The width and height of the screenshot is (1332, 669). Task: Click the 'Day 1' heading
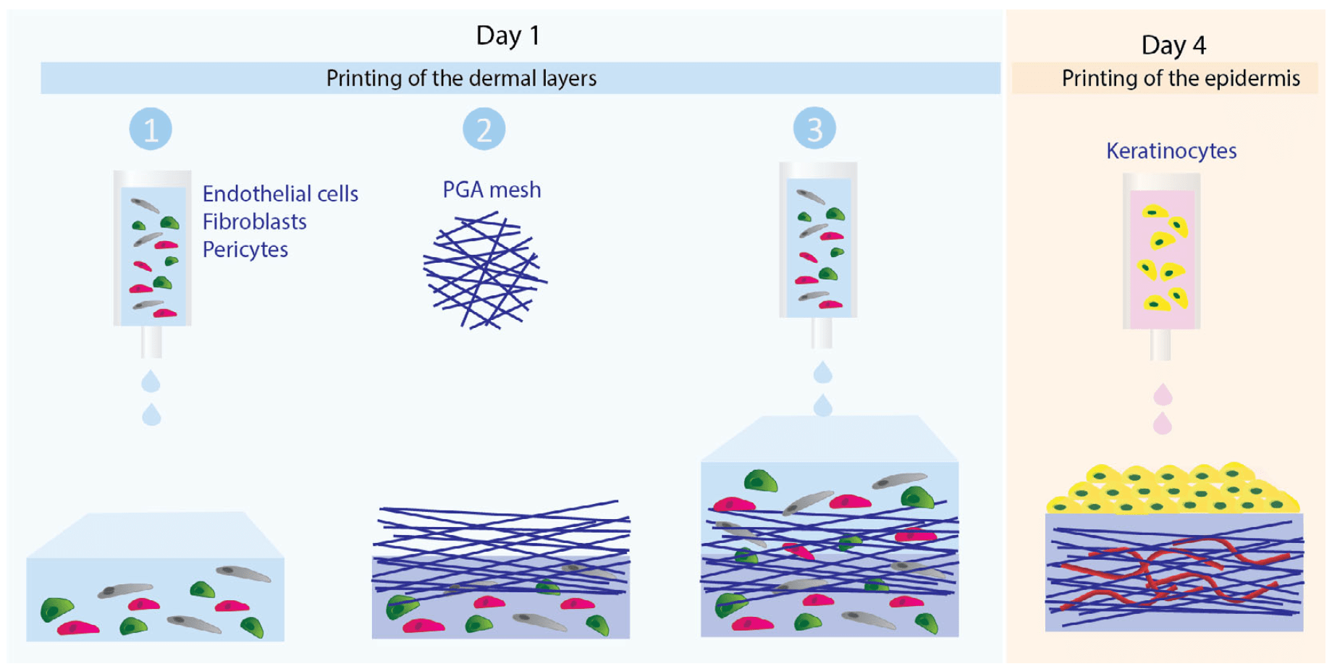coord(507,35)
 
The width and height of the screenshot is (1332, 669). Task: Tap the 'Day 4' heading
coord(1173,45)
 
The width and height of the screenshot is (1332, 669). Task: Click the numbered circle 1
coord(151,130)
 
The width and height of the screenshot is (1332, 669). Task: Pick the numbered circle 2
coord(484,130)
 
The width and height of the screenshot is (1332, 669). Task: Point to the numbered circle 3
coord(814,129)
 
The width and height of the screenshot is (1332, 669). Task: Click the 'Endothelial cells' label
coord(280,194)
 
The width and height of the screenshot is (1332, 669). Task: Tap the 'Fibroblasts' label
coord(254,222)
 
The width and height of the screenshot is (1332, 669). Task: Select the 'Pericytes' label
coord(245,250)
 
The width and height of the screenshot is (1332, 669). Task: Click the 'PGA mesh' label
coord(492,190)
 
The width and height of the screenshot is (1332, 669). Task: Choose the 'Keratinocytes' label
coord(1171,151)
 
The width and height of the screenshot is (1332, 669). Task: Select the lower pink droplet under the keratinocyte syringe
coord(1162,424)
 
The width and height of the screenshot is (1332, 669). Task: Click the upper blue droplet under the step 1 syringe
coord(151,381)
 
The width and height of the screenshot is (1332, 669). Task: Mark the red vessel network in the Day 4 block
coord(1173,572)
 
